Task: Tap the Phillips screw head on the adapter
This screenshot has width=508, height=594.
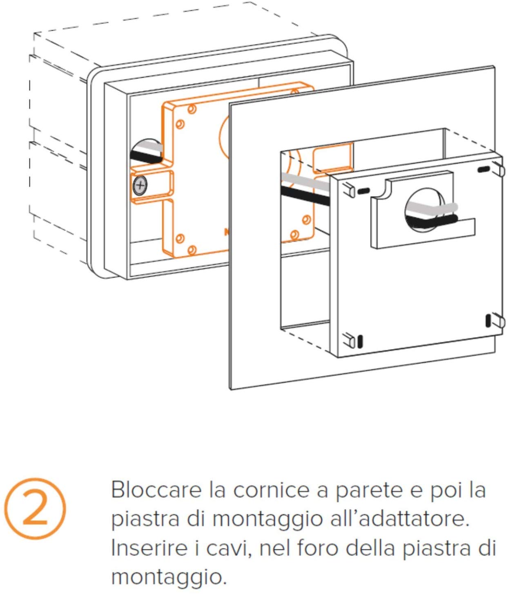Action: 140,185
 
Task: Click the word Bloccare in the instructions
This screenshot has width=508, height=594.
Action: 156,490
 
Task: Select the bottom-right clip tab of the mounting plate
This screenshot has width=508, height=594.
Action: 499,321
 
